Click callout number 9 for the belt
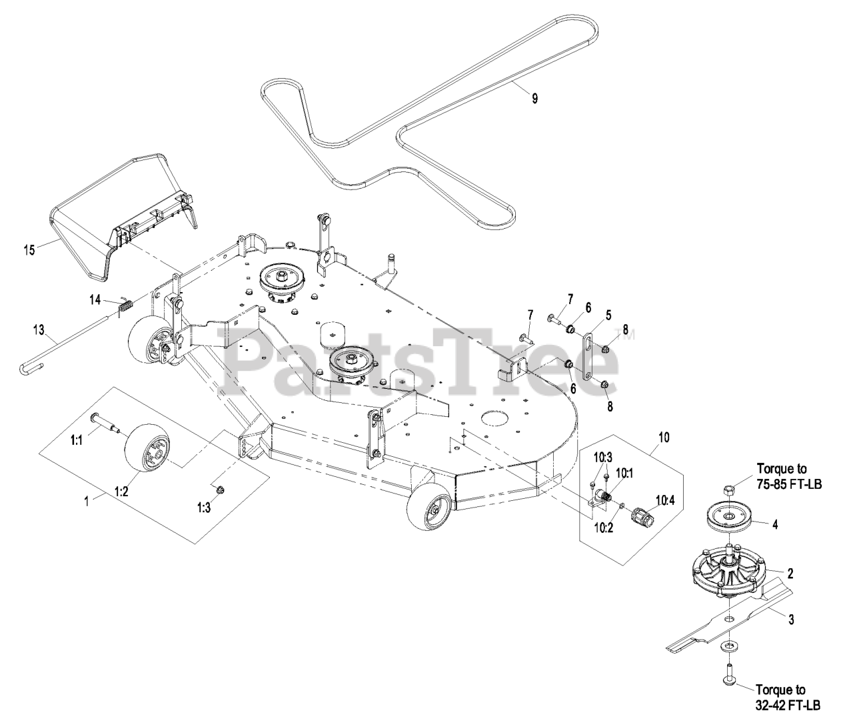coord(534,98)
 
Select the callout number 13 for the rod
coord(38,329)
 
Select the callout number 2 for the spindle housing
coord(790,573)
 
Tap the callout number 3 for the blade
coord(791,620)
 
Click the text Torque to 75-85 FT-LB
coord(789,476)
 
